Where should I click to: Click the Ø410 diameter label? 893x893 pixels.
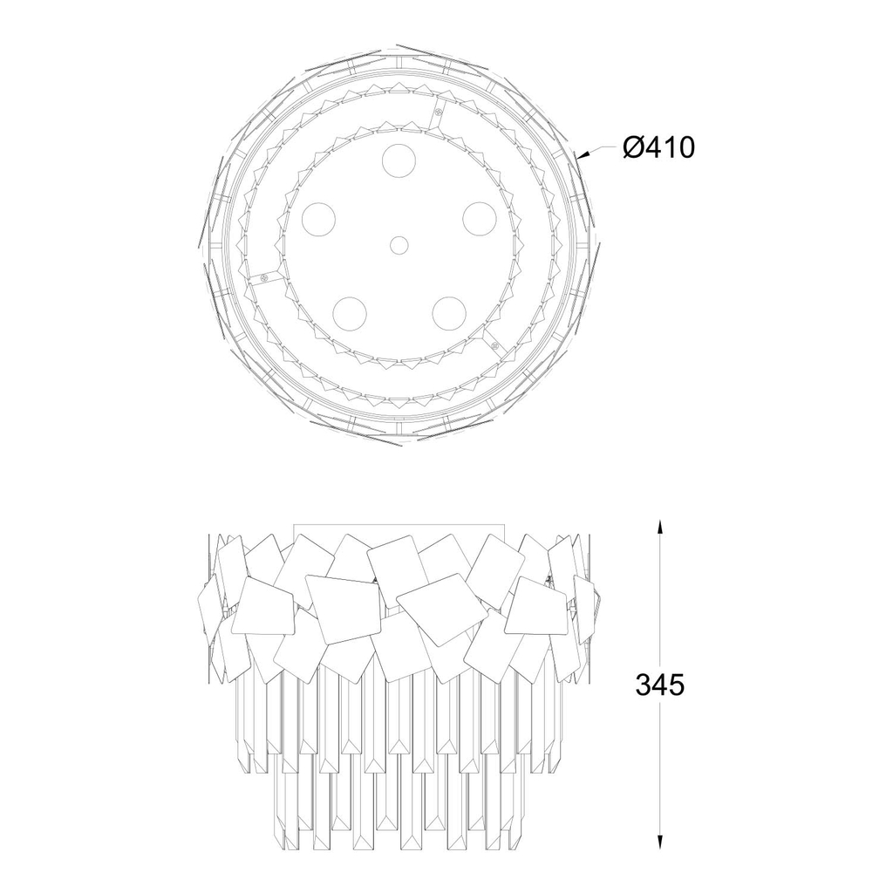659,148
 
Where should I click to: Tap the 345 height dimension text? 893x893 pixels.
660,685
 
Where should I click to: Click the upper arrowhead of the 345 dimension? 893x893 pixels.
660,527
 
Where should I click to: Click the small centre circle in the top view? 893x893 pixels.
399,245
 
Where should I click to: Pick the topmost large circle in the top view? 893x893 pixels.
399,160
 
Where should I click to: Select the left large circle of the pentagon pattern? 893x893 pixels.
319,219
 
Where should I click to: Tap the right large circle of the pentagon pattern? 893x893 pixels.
480,219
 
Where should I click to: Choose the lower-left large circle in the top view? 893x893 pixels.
350,313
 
